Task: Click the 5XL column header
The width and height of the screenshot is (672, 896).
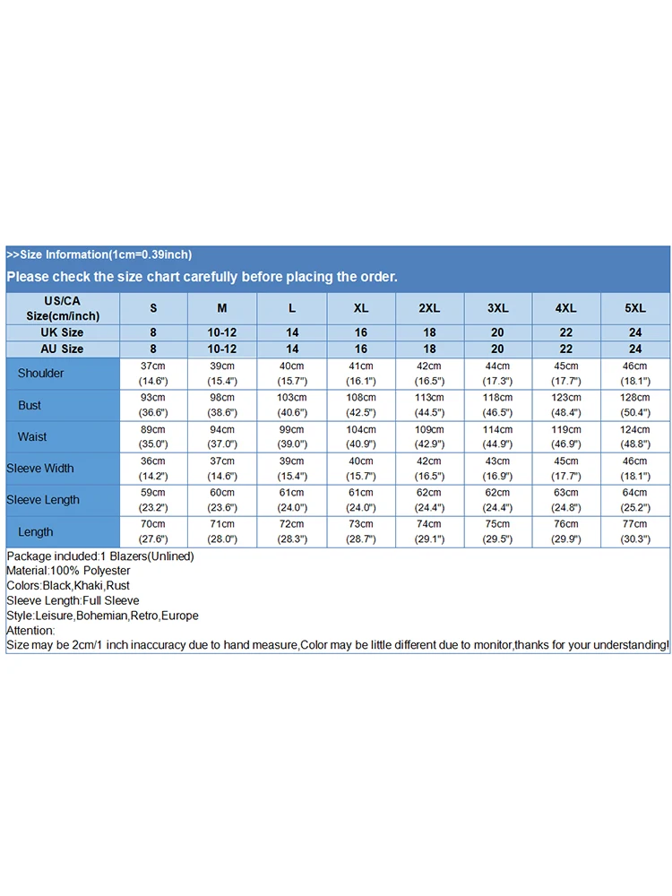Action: [635, 308]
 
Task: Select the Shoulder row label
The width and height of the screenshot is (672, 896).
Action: [41, 373]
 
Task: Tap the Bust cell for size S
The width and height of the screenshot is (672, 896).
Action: [152, 405]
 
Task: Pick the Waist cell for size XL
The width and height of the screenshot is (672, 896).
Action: [361, 436]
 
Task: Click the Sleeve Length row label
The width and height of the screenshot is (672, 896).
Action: [43, 500]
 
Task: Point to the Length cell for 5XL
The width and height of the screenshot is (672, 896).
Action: [635, 531]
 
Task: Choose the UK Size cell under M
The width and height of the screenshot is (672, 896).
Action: [222, 332]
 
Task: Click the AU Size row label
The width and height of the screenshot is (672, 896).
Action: [62, 349]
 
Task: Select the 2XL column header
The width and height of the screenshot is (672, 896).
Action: [429, 308]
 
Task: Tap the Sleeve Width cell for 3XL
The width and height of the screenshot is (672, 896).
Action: [498, 469]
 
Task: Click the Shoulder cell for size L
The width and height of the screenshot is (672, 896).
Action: [292, 373]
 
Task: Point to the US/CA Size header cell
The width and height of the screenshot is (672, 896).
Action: [63, 308]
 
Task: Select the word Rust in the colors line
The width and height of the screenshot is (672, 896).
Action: [118, 586]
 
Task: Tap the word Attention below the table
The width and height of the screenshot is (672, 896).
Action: [30, 631]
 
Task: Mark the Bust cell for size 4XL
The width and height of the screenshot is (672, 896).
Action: [566, 405]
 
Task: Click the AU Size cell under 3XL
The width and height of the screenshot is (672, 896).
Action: [498, 349]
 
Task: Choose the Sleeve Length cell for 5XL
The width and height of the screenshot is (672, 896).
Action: [635, 500]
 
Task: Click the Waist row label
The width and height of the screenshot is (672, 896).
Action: [32, 436]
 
